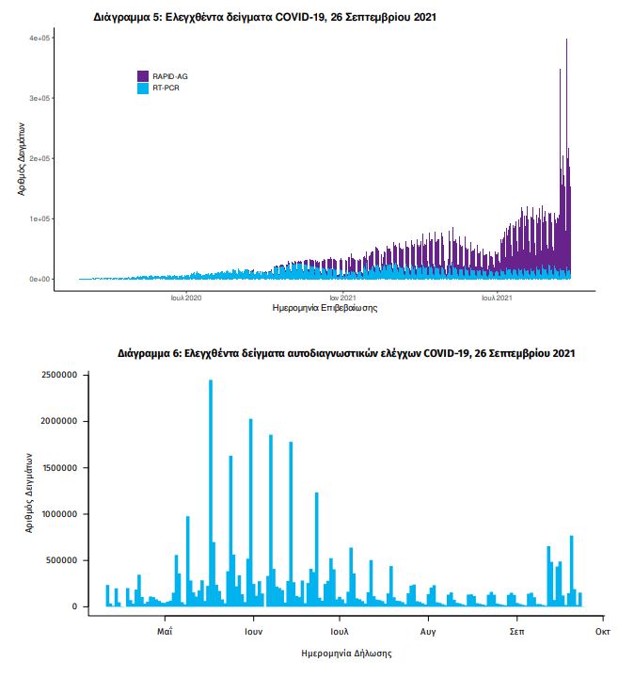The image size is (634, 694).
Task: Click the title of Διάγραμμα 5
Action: tap(265, 17)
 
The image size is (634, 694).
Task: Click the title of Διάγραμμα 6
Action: tap(346, 354)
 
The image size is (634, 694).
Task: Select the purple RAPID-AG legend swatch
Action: tap(143, 75)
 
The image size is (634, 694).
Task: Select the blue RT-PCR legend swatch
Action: tap(143, 88)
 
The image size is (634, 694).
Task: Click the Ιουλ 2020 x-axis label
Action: tap(186, 298)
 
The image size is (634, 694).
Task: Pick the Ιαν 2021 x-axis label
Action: tap(342, 298)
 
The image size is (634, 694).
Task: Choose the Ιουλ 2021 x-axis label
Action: tap(497, 298)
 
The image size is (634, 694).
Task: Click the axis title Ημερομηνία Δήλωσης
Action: tap(345, 652)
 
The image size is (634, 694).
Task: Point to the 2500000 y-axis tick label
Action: tap(55, 375)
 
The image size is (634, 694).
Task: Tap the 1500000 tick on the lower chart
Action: tap(55, 467)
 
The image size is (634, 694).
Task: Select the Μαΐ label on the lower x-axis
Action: tap(164, 629)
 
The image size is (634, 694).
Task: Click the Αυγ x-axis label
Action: tap(428, 629)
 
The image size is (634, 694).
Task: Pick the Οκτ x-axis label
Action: tap(603, 629)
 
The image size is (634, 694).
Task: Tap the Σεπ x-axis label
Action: tap(516, 629)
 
